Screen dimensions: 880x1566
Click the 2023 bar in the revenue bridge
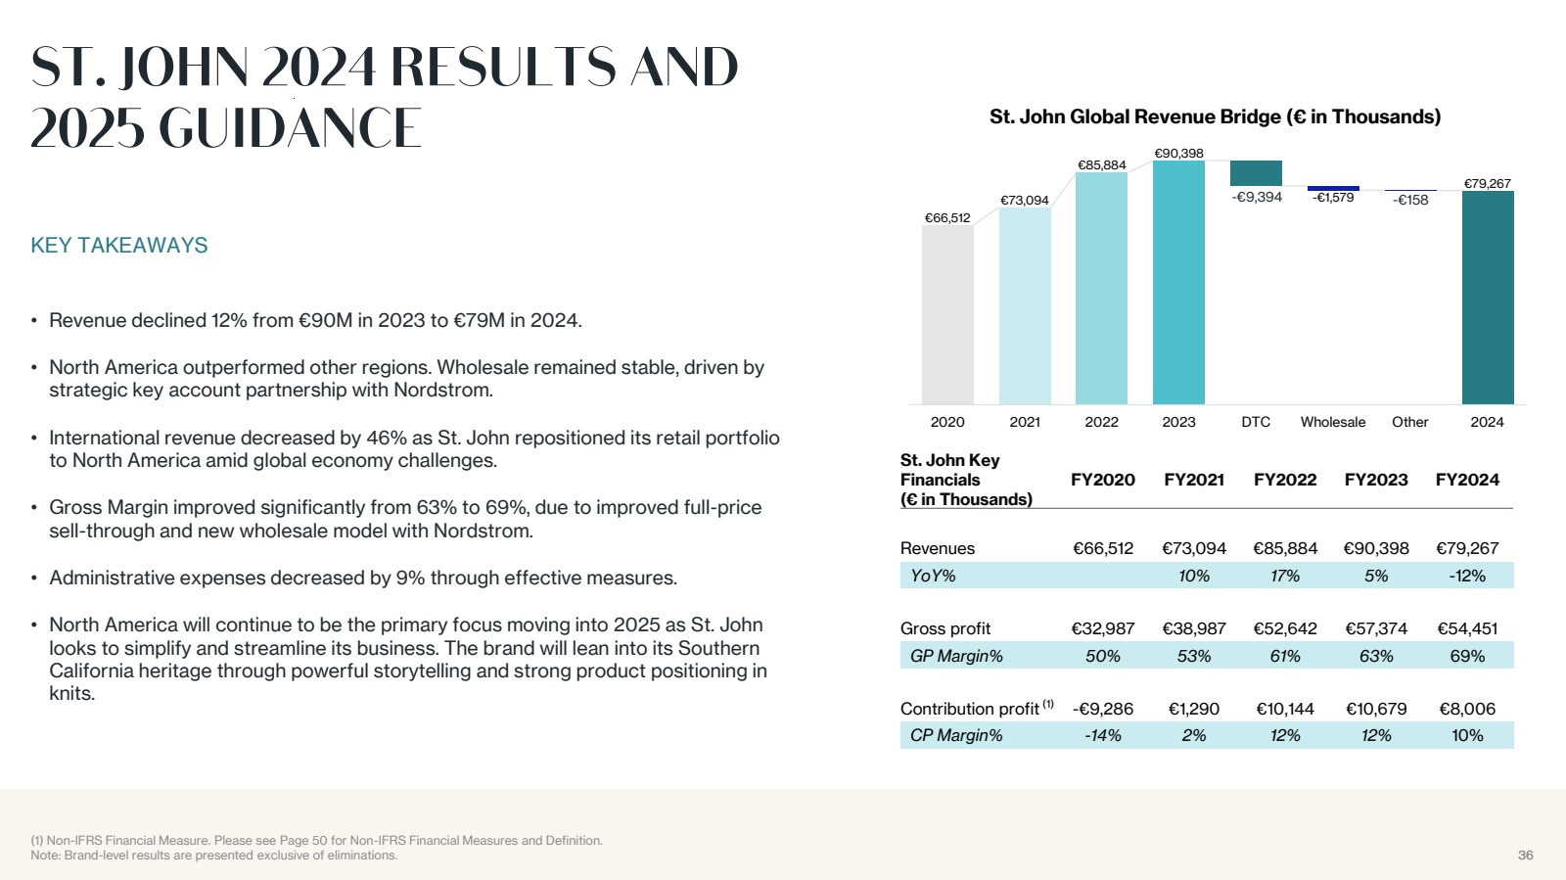(1178, 284)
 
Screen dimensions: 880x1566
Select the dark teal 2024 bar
(1487, 299)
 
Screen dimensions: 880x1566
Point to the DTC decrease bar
(1256, 173)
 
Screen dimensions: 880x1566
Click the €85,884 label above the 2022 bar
(1102, 165)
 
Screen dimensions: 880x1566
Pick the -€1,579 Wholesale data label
(1333, 198)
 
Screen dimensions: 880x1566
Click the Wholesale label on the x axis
(1333, 422)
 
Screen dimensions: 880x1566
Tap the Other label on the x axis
(1409, 422)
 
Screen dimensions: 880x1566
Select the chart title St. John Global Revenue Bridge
(1215, 117)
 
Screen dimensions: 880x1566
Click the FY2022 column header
(1285, 480)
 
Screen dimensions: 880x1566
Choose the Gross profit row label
(945, 628)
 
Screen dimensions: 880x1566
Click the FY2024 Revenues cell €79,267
(1467, 548)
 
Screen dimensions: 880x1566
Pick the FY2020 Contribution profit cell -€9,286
(1103, 709)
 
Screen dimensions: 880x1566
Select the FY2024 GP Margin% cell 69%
(1467, 656)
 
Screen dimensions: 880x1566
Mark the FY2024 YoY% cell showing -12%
(1467, 576)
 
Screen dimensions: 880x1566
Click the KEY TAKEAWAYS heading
(119, 246)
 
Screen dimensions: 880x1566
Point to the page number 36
(1525, 856)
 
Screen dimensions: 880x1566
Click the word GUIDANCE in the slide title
(290, 129)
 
